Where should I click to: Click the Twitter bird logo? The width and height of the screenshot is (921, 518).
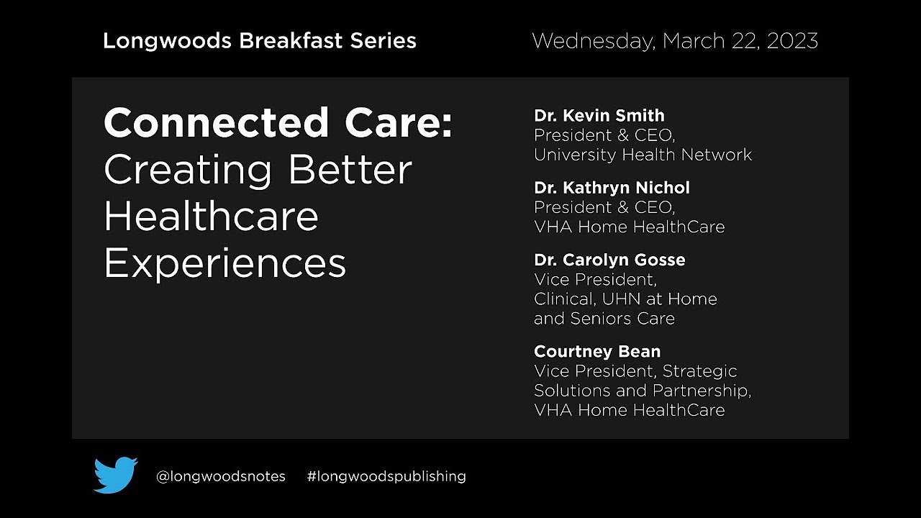tap(115, 475)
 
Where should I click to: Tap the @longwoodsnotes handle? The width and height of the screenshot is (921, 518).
tap(221, 476)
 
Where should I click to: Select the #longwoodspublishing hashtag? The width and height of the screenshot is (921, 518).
tap(386, 476)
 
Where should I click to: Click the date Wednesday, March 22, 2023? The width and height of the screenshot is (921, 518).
tap(675, 41)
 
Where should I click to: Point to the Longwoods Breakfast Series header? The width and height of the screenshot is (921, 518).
tap(259, 41)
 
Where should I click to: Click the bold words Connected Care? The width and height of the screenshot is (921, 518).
tap(278, 123)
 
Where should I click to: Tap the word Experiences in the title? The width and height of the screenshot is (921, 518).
tap(224, 263)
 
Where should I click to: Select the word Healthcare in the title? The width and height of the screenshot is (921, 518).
tap(211, 217)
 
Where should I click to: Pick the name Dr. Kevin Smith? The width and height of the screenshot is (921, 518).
tap(599, 116)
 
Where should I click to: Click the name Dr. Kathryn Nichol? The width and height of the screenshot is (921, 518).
tap(612, 188)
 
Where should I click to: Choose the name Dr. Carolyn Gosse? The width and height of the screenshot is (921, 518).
tap(609, 260)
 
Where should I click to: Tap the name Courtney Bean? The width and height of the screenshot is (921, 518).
tap(597, 352)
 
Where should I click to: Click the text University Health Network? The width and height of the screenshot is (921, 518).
tap(643, 155)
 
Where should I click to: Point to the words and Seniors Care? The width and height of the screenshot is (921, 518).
tap(604, 319)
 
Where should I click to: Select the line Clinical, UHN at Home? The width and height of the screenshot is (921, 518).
tap(625, 299)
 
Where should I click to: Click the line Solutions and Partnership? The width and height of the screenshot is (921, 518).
tap(643, 391)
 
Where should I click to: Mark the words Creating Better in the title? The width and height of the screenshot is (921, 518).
tap(258, 171)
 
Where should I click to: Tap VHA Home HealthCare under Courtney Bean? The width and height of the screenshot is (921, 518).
tap(629, 410)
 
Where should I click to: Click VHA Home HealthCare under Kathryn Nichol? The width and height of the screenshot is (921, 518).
tap(629, 227)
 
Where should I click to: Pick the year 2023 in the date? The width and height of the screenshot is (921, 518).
tap(791, 41)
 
